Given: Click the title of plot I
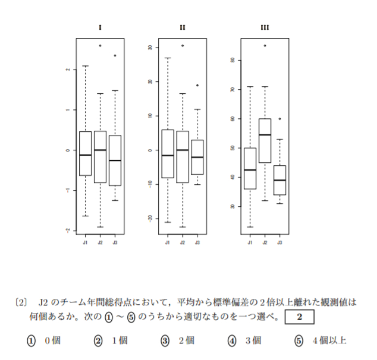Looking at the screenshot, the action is click(100, 27).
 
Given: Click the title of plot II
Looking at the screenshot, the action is click(183, 27).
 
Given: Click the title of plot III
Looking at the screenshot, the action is click(265, 27).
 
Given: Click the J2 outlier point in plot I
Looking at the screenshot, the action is click(100, 46).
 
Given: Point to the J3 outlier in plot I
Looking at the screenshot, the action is click(115, 55).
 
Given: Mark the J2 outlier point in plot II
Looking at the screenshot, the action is click(183, 46).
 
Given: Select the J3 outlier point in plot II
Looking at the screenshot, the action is click(197, 86).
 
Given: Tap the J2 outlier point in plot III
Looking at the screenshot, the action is click(265, 46).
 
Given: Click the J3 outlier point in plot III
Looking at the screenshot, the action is click(279, 119).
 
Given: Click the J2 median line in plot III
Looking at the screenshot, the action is click(265, 135).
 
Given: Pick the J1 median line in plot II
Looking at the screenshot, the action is click(168, 156).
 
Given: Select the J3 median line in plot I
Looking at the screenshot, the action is click(115, 160).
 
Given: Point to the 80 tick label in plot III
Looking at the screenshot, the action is click(233, 60).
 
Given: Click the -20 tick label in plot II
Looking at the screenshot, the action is click(150, 219).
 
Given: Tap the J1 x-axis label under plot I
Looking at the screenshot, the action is click(86, 243).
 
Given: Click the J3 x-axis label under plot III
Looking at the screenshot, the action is click(279, 243).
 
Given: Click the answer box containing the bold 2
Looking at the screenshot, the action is click(299, 317).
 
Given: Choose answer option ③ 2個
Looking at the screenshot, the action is click(177, 341).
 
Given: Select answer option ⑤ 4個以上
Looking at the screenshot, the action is click(321, 341).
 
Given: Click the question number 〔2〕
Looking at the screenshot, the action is click(21, 302).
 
